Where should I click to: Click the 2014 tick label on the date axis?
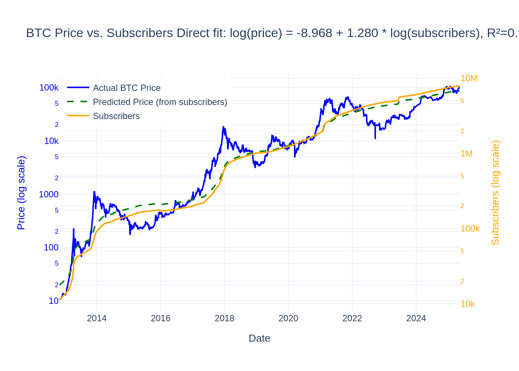[97, 318]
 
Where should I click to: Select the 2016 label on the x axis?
[161, 318]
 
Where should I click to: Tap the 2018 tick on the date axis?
[224, 318]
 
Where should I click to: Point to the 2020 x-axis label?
[288, 318]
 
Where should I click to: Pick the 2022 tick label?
[352, 318]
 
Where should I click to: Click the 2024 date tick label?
[416, 318]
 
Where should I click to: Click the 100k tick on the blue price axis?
[49, 88]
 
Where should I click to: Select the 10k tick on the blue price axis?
[51, 141]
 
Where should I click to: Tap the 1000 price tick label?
[49, 194]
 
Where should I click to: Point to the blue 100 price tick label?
[51, 247]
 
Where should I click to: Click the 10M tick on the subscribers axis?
[469, 78]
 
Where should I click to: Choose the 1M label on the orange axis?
[466, 154]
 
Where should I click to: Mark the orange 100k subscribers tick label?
[470, 229]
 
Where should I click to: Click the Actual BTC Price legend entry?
[126, 88]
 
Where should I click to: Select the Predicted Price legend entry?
[160, 102]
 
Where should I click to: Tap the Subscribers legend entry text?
[116, 116]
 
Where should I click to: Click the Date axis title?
[259, 338]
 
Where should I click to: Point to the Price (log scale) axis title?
[21, 193]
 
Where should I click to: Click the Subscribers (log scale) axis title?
[495, 193]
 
